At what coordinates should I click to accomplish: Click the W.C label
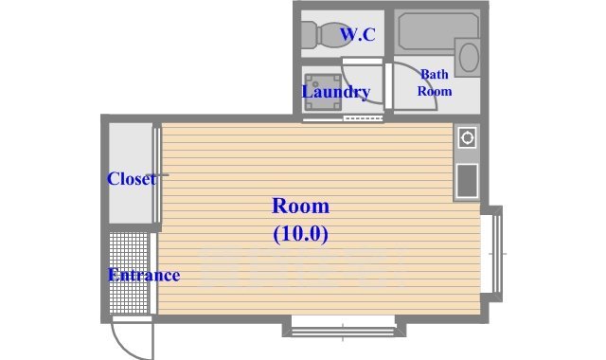point(358,36)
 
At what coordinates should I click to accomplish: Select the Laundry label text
point(335,92)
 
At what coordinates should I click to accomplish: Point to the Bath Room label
point(436,82)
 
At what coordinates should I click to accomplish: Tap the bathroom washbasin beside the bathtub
point(468,57)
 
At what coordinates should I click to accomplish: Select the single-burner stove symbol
point(467,138)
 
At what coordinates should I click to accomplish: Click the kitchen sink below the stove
point(467,180)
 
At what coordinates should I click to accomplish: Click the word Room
point(300,206)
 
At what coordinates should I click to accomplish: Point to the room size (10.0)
point(300,231)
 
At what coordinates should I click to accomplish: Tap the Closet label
point(131,178)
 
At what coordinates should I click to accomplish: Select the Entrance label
point(143,276)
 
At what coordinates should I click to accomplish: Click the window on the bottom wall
point(343,328)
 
